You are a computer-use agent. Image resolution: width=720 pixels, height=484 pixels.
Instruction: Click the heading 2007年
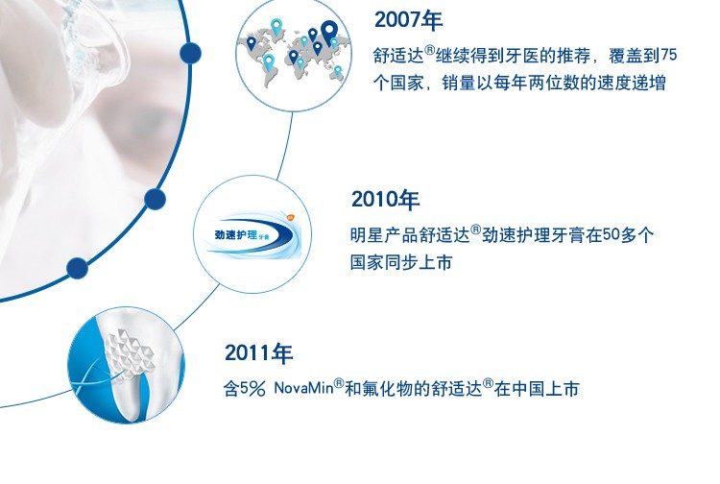408,20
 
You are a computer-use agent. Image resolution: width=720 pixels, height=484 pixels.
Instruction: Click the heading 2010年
385,200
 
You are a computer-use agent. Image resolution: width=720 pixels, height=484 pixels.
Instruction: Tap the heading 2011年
258,353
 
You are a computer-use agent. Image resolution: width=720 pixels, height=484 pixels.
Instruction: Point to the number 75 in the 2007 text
669,55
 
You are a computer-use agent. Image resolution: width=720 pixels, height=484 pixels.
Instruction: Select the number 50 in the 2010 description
612,234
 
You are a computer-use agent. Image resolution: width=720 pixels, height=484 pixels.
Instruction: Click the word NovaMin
303,389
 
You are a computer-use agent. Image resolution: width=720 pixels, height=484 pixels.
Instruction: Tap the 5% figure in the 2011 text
252,389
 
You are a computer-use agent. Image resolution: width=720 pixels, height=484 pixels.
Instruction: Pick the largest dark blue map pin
328,32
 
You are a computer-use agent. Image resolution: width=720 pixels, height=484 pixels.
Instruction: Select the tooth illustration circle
127,365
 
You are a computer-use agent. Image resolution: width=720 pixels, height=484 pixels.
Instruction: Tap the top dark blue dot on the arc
190,53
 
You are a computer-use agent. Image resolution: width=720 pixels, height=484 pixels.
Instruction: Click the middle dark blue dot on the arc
155,200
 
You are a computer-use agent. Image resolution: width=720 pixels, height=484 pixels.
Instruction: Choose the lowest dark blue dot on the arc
77,268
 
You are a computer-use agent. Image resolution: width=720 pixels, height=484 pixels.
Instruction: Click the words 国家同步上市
401,263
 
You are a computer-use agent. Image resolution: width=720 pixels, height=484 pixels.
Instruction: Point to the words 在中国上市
537,389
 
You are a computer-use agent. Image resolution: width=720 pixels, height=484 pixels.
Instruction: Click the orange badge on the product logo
290,217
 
